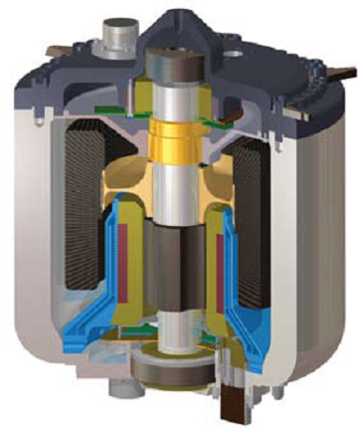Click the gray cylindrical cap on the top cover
pyautogui.click(x=110, y=41)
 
